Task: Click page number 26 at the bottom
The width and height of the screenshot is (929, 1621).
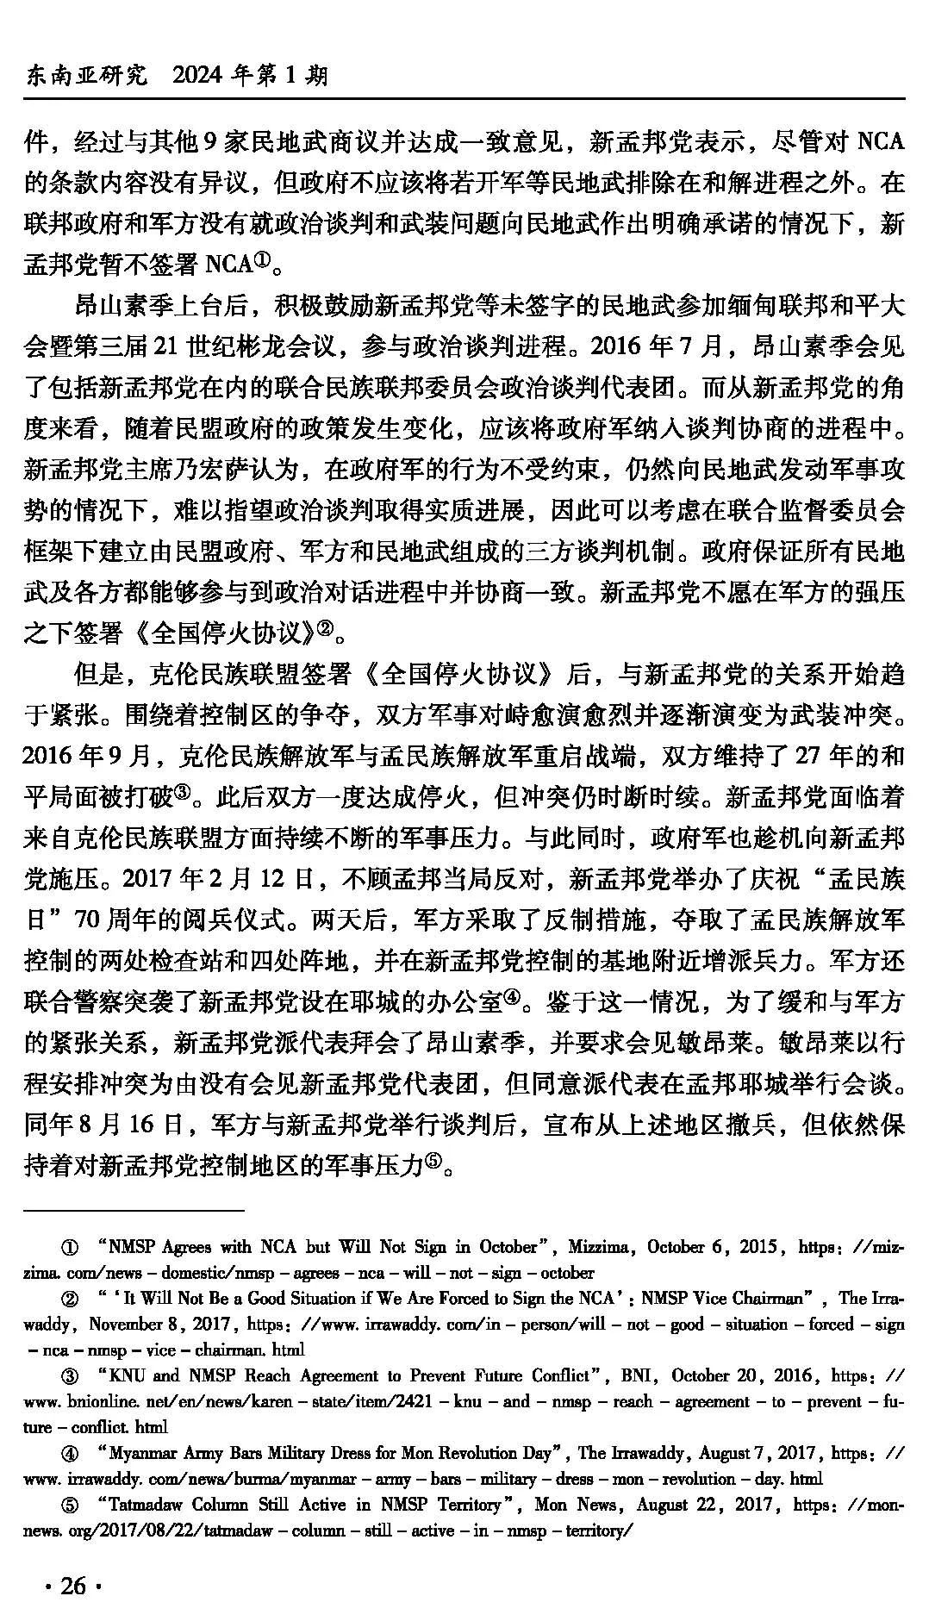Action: click(x=73, y=1585)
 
